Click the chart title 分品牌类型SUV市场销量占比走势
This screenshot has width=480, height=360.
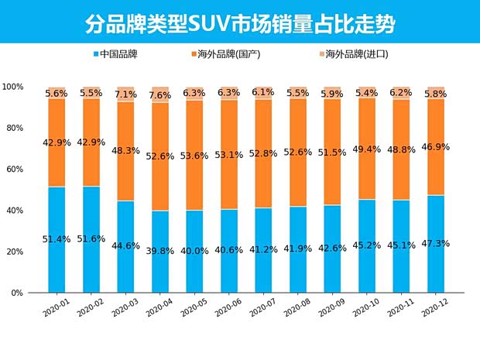coord(240,23)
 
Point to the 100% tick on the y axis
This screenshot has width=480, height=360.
coord(12,87)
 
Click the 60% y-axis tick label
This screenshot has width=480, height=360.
coord(14,170)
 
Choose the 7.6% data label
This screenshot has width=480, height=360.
coord(161,95)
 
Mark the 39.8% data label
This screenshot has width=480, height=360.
coord(161,250)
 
